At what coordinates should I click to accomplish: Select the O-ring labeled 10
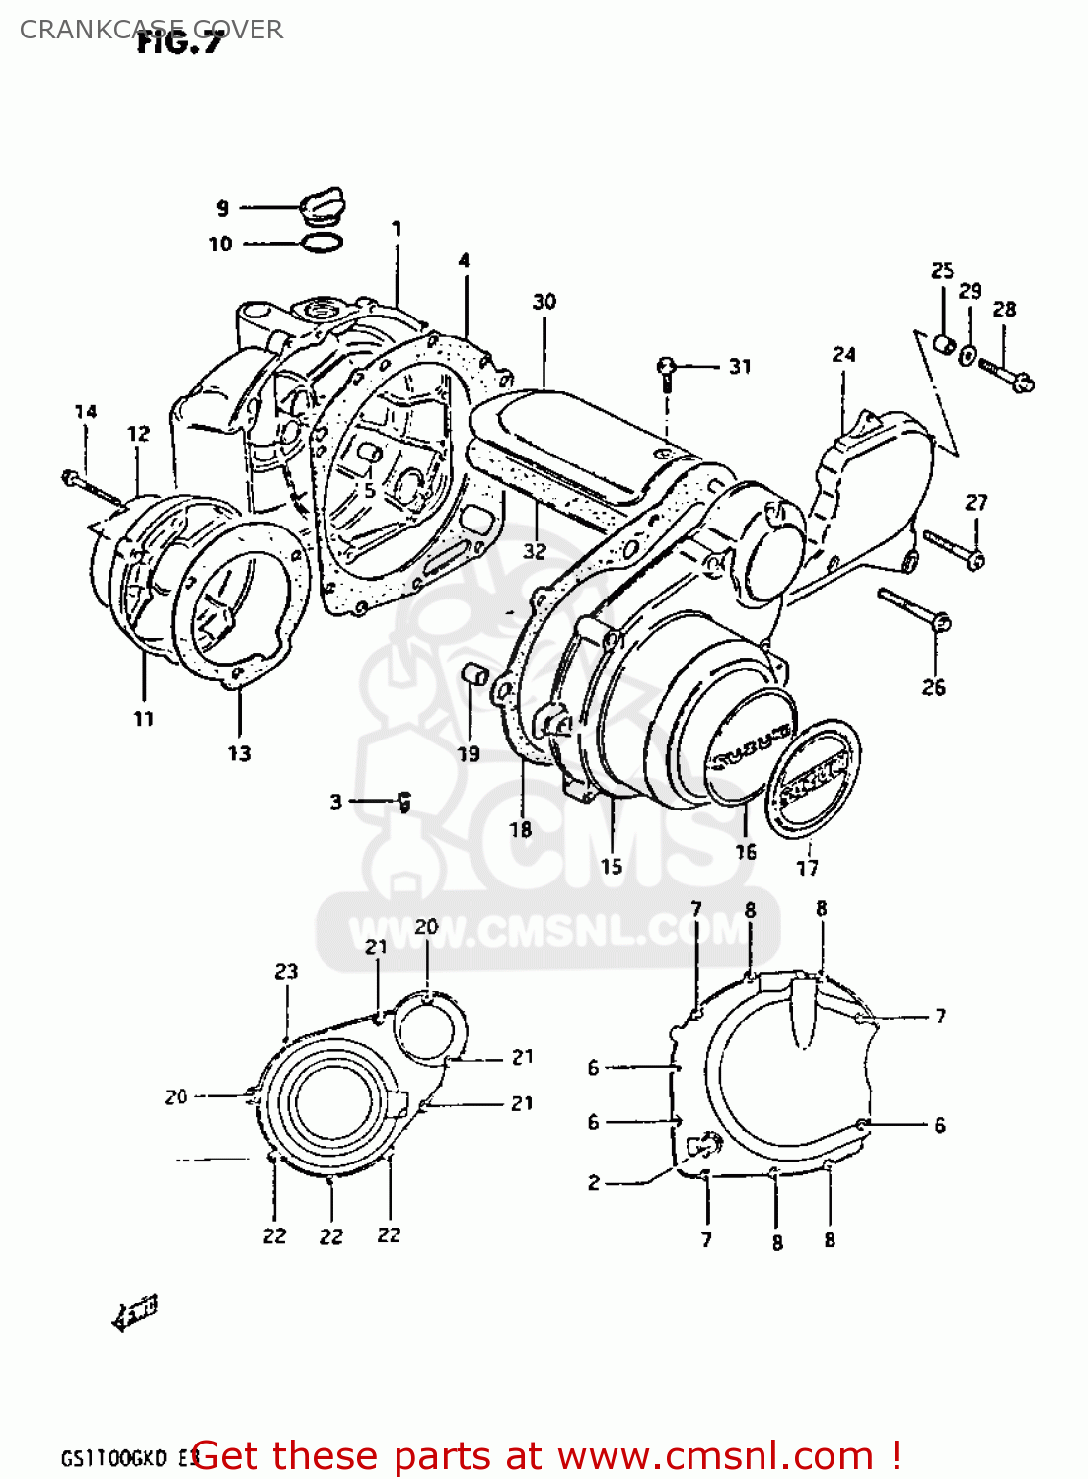[322, 243]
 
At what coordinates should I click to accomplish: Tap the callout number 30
[544, 302]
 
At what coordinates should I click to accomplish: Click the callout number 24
[843, 354]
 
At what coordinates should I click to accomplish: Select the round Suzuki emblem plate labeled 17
[813, 778]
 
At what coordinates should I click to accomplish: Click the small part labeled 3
[403, 803]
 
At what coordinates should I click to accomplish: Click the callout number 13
[240, 754]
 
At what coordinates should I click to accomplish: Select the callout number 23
[286, 972]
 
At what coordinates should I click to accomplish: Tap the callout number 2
[594, 1182]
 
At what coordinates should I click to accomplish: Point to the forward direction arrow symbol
[134, 1314]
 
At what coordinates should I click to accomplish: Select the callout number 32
[534, 550]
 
